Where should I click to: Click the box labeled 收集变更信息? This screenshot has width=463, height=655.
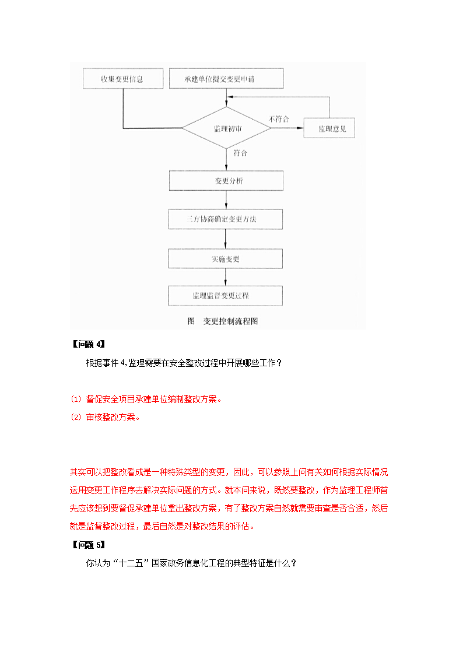click(121, 79)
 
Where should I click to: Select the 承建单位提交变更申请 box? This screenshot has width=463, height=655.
click(226, 79)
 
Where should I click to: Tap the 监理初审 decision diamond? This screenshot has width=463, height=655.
click(226, 128)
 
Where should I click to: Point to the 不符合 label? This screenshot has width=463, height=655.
click(278, 119)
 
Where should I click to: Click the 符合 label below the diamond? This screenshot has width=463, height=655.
click(240, 153)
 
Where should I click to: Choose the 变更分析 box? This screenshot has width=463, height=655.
click(226, 181)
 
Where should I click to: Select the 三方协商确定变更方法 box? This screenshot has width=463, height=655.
click(226, 219)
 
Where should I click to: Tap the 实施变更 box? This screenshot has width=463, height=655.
click(226, 258)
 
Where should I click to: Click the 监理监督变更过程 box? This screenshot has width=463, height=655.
click(226, 296)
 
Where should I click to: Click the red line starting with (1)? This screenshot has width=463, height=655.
click(146, 400)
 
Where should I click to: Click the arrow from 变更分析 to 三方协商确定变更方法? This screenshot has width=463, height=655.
click(226, 200)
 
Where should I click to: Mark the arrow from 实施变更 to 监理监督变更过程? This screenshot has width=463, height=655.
click(226, 277)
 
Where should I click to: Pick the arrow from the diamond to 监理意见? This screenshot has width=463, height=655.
click(287, 128)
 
